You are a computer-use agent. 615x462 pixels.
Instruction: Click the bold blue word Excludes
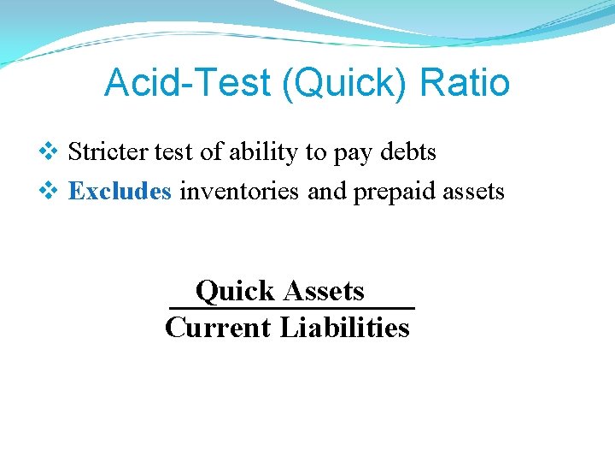click(x=120, y=191)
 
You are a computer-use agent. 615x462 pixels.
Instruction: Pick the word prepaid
click(x=395, y=192)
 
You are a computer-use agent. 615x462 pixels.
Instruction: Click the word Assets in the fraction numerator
click(x=324, y=291)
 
